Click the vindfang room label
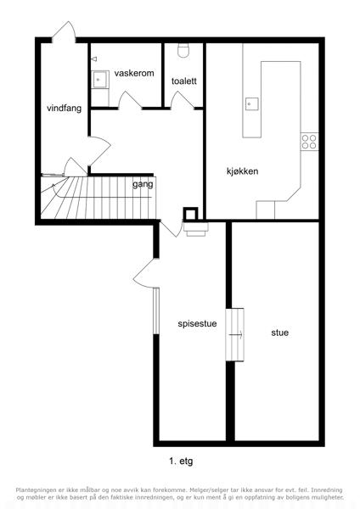64,108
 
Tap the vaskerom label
134,73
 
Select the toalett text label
184,81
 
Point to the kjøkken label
242,171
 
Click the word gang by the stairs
143,185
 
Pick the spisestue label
197,324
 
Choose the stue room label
279,333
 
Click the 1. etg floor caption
181,461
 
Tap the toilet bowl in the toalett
183,51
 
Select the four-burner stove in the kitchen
309,142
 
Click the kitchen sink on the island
252,104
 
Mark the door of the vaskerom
130,100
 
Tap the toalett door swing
182,100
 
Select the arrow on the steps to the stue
235,334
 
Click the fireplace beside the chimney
196,229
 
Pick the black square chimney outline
190,214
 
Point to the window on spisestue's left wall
156,310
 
